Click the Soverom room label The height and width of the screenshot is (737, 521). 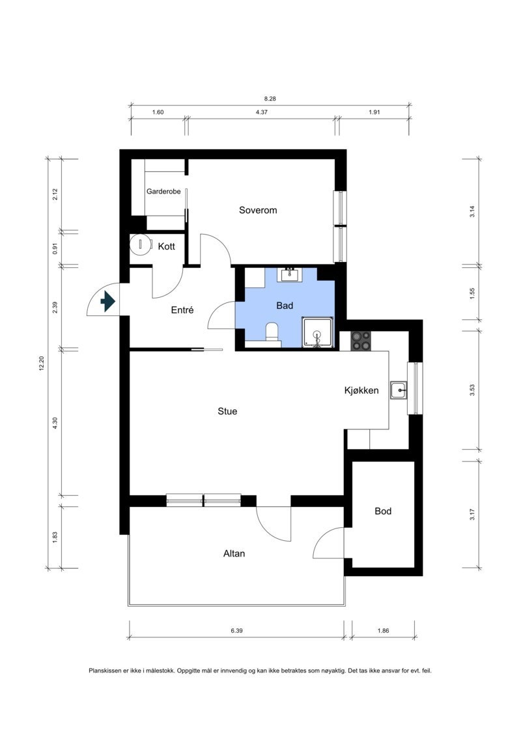pyautogui.click(x=258, y=210)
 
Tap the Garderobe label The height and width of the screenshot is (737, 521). pyautogui.click(x=163, y=192)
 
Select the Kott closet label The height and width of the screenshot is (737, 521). pyautogui.click(x=166, y=246)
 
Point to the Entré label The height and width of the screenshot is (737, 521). pyautogui.click(x=182, y=310)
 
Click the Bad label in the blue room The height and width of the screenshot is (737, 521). pyautogui.click(x=285, y=306)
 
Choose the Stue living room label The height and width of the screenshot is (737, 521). pyautogui.click(x=227, y=411)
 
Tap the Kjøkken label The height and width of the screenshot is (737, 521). pyautogui.click(x=361, y=390)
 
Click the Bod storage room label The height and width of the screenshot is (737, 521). pyautogui.click(x=383, y=511)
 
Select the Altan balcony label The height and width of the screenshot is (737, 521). pyautogui.click(x=234, y=554)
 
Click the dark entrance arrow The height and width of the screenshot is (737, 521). pyautogui.click(x=108, y=301)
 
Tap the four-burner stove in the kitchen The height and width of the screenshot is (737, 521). pyautogui.click(x=361, y=341)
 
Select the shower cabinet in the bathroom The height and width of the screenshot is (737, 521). pyautogui.click(x=318, y=332)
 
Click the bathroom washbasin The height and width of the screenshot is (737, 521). pyautogui.click(x=289, y=274)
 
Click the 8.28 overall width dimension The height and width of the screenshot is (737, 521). pyautogui.click(x=270, y=98)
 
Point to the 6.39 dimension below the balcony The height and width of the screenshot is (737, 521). pyautogui.click(x=237, y=631)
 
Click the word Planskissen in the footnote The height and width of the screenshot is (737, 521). pyautogui.click(x=104, y=671)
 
